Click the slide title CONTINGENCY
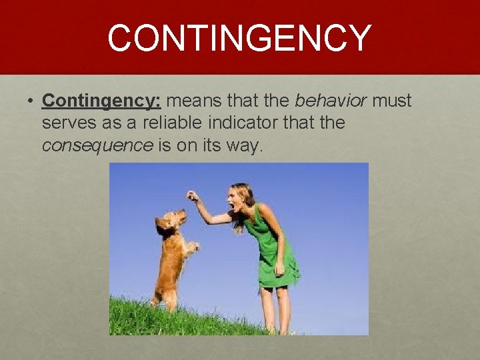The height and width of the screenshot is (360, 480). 239,37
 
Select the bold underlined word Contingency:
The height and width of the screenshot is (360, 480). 101,101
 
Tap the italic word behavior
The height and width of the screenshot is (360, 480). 330,101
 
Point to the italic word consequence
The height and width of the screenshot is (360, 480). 97,145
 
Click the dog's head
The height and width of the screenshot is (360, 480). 169,224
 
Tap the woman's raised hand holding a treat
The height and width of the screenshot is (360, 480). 192,195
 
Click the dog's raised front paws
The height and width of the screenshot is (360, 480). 191,247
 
